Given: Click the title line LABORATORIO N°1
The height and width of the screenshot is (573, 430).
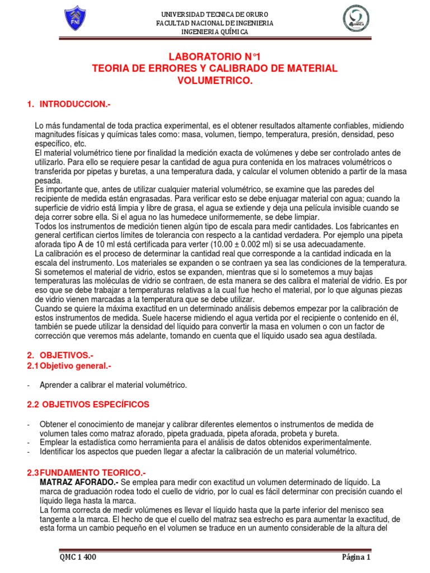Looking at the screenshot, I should coord(215,57).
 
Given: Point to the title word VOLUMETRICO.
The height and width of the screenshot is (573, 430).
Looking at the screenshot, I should coord(215,81).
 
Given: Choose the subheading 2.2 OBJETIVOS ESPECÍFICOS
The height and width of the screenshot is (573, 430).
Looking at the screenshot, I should coord(89,405).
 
